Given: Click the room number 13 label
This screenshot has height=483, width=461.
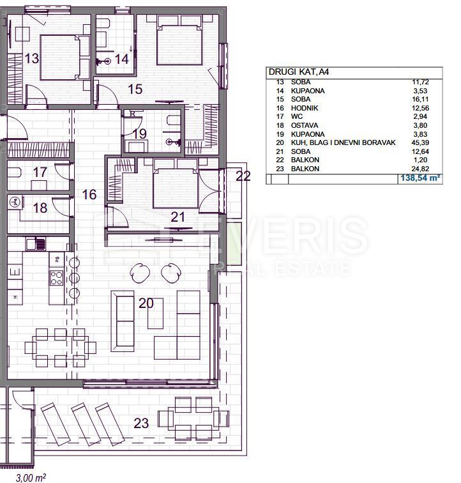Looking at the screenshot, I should point(31,59).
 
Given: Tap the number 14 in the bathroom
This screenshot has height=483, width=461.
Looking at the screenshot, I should point(122,59).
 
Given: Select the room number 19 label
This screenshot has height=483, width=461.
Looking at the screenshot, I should point(140,134).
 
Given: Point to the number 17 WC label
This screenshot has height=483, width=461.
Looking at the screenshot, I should point(40,172).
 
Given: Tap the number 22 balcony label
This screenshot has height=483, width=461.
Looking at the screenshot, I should point(243,177).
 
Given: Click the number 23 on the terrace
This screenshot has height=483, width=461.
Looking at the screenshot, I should point(142,422).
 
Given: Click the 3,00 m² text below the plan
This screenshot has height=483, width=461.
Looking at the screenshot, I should point(30,477).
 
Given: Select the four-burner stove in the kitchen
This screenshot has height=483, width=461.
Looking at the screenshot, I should point(56,278).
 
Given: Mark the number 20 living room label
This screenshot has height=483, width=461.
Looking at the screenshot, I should point(146,303).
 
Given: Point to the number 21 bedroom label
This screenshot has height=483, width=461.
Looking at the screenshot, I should point(178,217).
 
